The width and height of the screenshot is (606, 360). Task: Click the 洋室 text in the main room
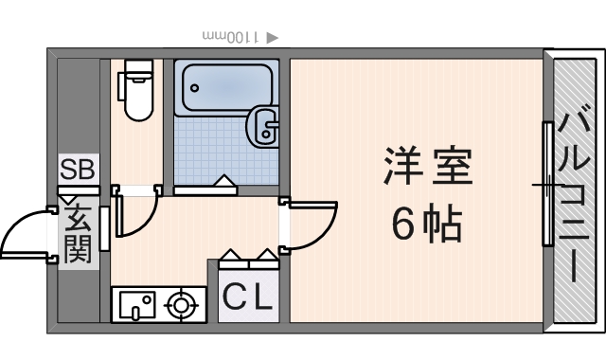click(427, 169)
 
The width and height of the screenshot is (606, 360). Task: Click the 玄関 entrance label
click(77, 233)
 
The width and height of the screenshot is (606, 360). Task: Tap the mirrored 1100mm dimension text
click(230, 38)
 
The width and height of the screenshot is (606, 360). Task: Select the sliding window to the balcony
click(546, 184)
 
